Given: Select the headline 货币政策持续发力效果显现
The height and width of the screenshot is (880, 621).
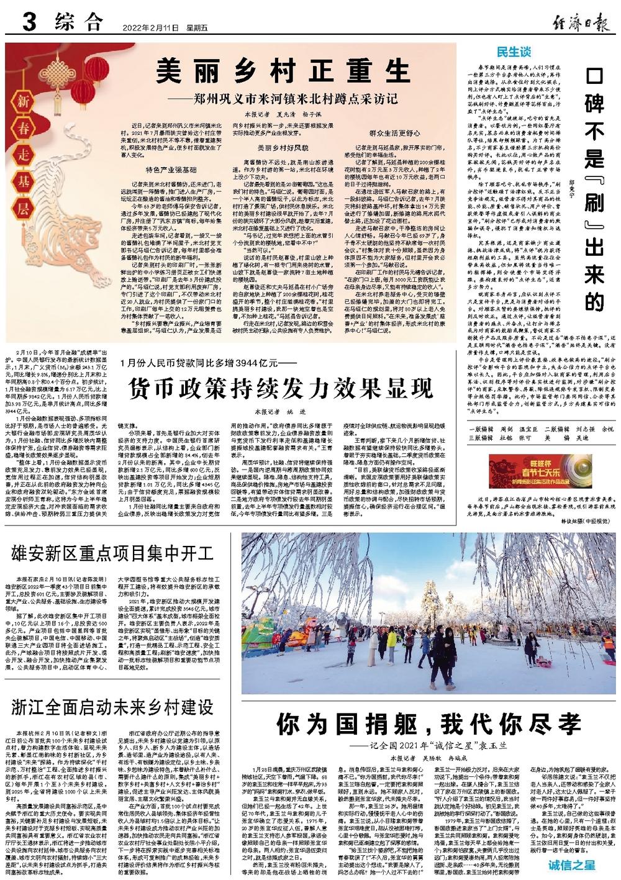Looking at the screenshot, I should click(281, 388).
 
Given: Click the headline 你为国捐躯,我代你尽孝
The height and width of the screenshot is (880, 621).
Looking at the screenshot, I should click(428, 724).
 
